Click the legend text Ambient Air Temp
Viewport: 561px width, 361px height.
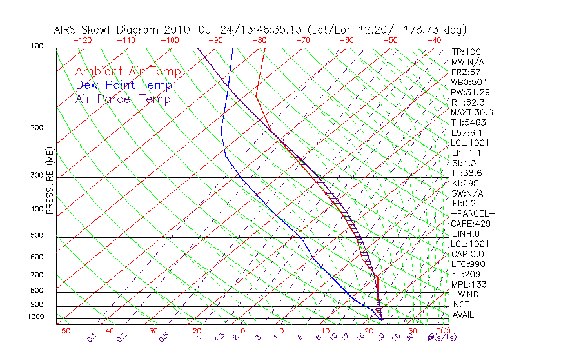[x=128, y=72]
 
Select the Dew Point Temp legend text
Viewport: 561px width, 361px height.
[x=124, y=85]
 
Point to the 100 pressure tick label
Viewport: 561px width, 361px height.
[x=37, y=46]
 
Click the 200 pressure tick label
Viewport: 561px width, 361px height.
[x=37, y=128]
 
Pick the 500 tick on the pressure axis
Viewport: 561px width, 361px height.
[x=37, y=236]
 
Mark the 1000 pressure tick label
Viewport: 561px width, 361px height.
[x=35, y=317]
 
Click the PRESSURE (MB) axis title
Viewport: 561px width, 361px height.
[x=49, y=180]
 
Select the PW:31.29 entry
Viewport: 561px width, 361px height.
[x=469, y=92]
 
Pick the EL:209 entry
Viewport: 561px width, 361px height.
[x=464, y=274]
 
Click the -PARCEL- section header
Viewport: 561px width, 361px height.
[x=473, y=213]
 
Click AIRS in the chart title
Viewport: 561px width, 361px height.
[x=68, y=30]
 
